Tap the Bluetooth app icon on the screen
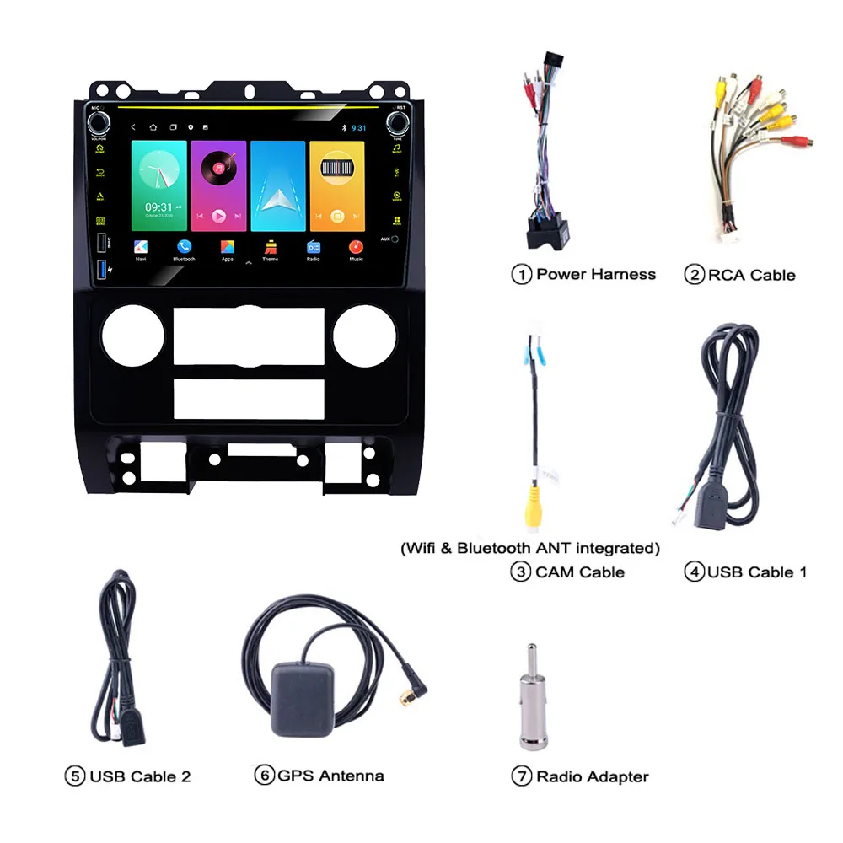tap(184, 246)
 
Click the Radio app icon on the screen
tap(314, 246)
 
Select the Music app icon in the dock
tap(357, 246)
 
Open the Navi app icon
tap(141, 246)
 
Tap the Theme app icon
tap(271, 246)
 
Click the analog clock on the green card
tap(158, 175)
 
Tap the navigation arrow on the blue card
tap(278, 200)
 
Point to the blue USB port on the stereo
tap(102, 270)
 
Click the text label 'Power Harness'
tap(595, 274)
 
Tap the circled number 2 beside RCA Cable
tap(694, 274)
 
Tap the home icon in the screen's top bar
tap(153, 127)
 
